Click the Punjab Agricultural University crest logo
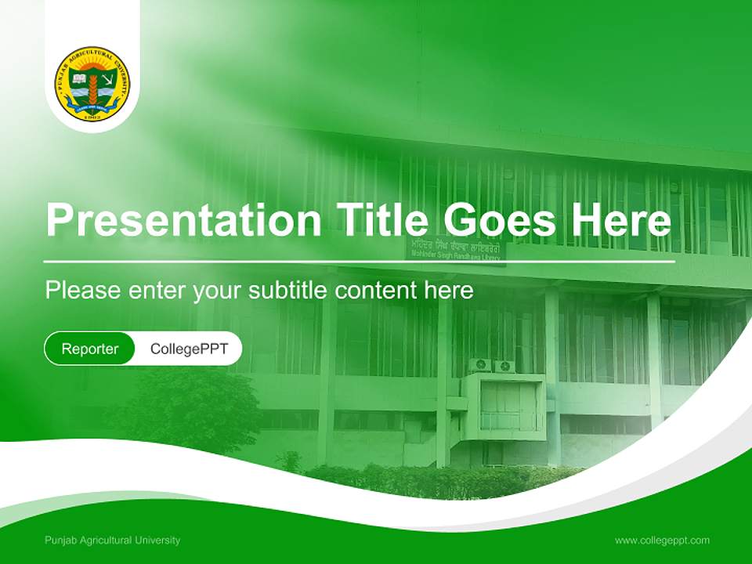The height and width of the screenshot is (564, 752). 92,83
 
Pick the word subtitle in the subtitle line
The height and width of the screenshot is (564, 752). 287,291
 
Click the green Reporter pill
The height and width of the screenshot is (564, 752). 89,349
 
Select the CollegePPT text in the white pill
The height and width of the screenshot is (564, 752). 189,349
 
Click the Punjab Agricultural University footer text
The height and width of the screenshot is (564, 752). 112,540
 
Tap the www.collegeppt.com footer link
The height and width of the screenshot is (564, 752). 662,540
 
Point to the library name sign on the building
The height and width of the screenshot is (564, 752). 455,250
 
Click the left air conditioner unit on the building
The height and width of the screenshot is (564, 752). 479,366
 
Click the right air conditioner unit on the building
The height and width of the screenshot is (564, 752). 504,366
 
